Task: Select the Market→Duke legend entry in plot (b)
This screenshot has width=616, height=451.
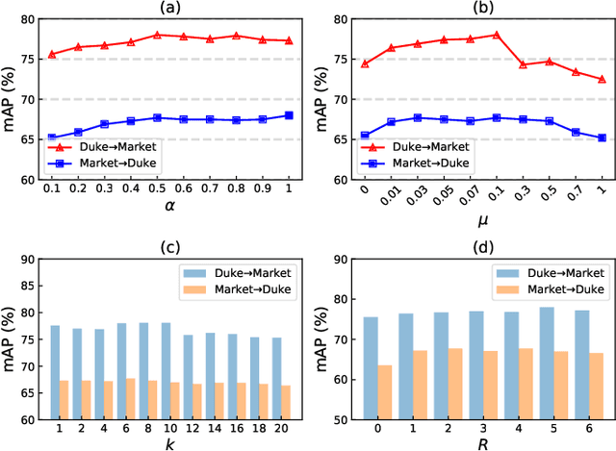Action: point(423,163)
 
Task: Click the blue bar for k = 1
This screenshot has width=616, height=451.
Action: point(55,372)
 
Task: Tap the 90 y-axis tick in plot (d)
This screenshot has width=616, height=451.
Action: point(344,259)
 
